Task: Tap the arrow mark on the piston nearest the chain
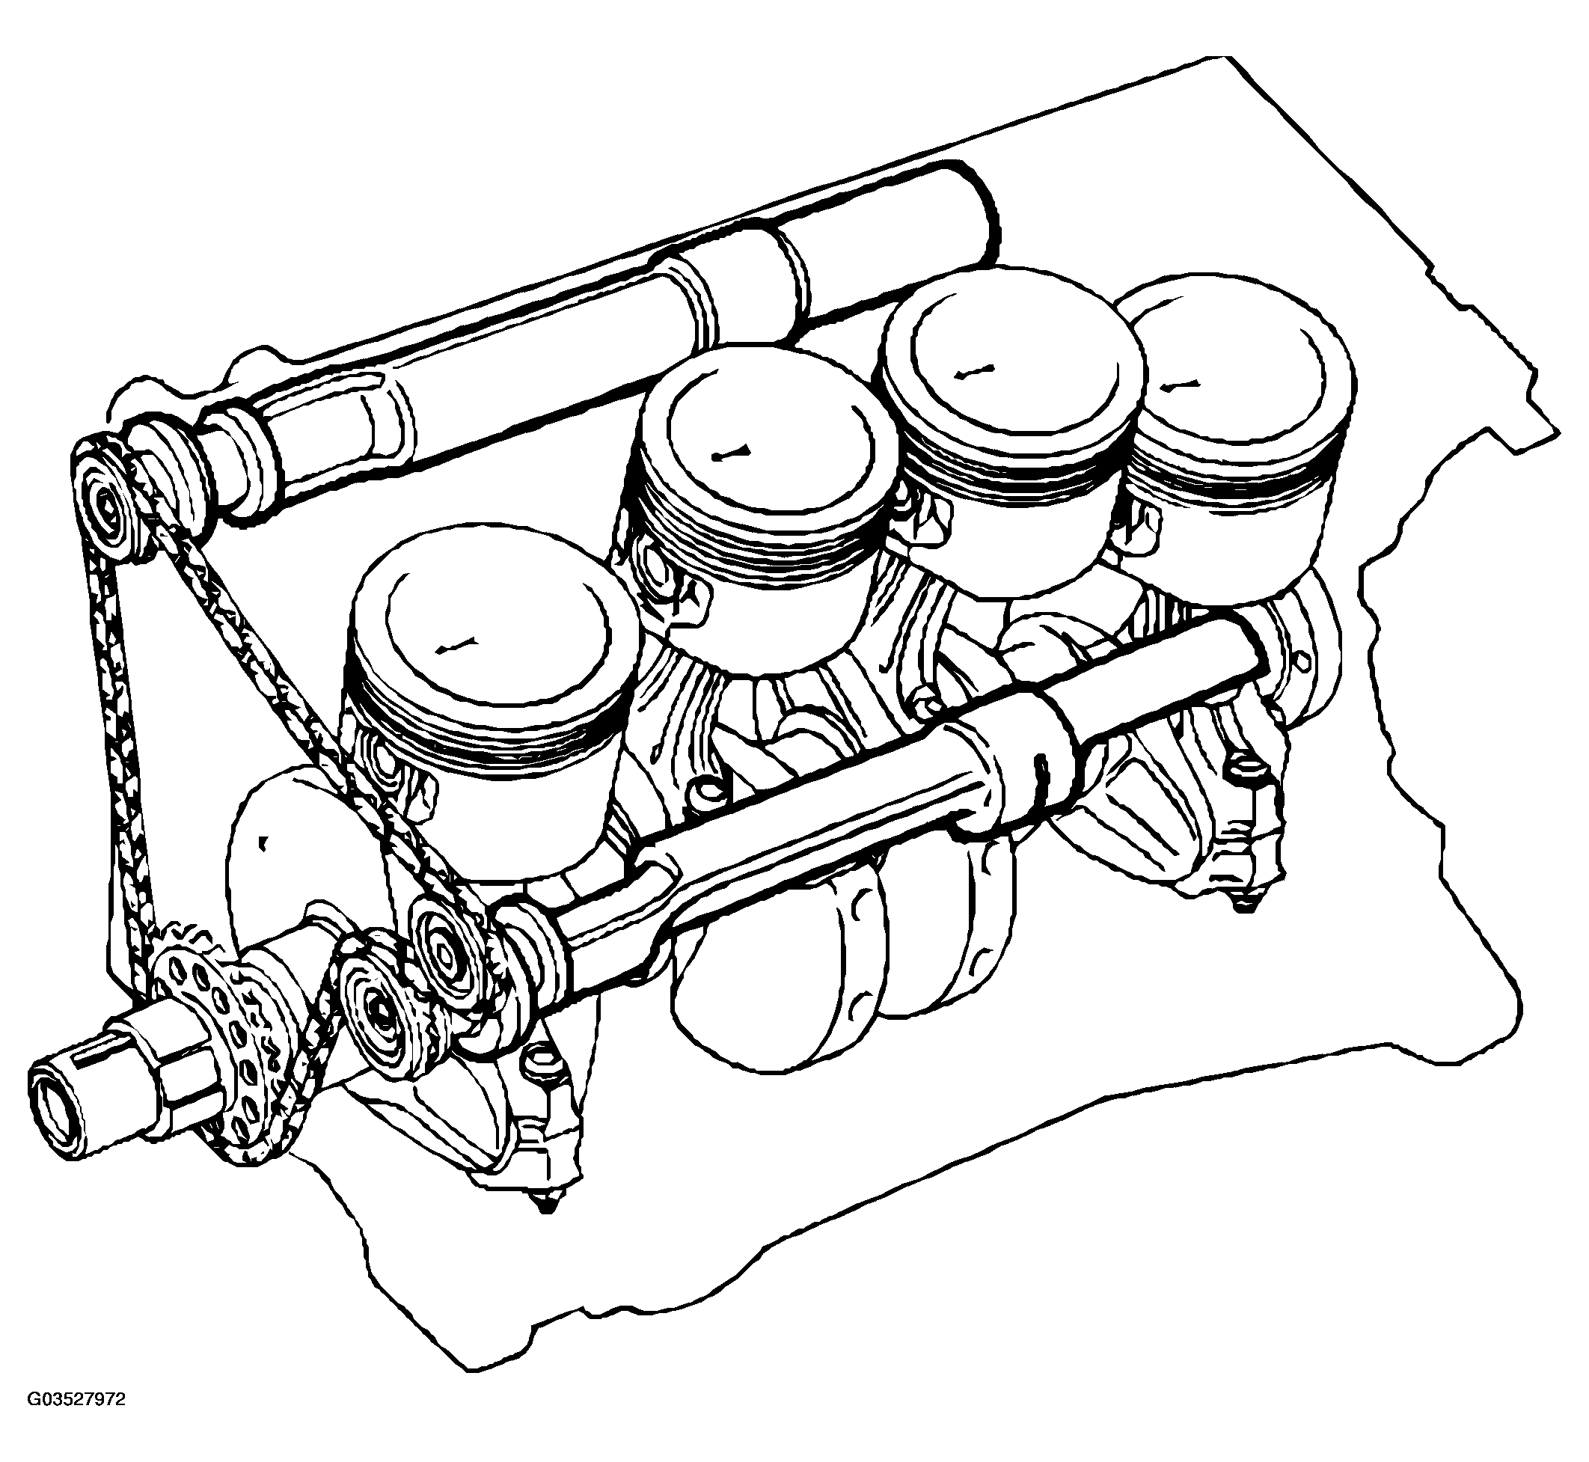click(x=457, y=645)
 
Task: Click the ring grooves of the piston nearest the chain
click(x=483, y=735)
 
